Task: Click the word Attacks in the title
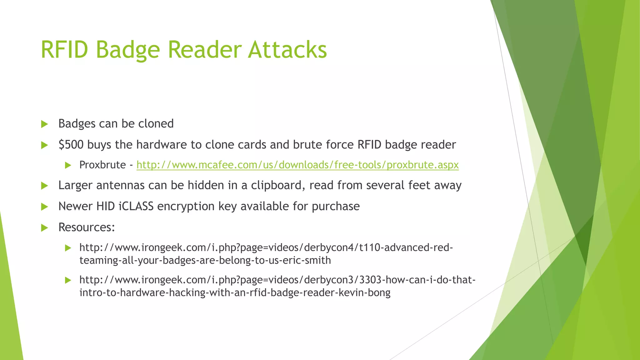pos(287,50)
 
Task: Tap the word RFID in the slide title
pos(64,50)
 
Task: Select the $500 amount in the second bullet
pos(71,145)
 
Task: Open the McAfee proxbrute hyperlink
pos(297,165)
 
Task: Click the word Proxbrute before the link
pos(102,165)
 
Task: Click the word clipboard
pos(278,185)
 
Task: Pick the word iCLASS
pos(136,206)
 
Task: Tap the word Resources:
pos(87,227)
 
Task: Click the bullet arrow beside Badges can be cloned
pos(44,124)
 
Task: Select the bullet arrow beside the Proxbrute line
pos(68,165)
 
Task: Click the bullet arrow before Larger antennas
pos(44,186)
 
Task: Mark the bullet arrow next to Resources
pos(44,228)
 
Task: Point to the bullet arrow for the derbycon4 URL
pos(68,248)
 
